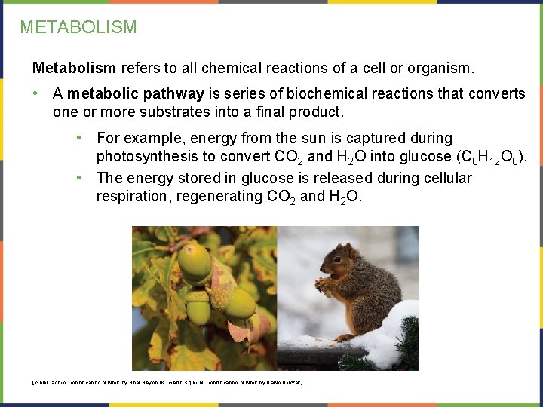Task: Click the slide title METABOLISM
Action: point(78,27)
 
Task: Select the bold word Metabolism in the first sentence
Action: point(74,69)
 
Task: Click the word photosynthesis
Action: point(155,157)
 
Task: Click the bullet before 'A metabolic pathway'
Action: point(36,94)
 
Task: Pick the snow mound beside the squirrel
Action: point(392,332)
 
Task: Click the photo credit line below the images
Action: point(167,383)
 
